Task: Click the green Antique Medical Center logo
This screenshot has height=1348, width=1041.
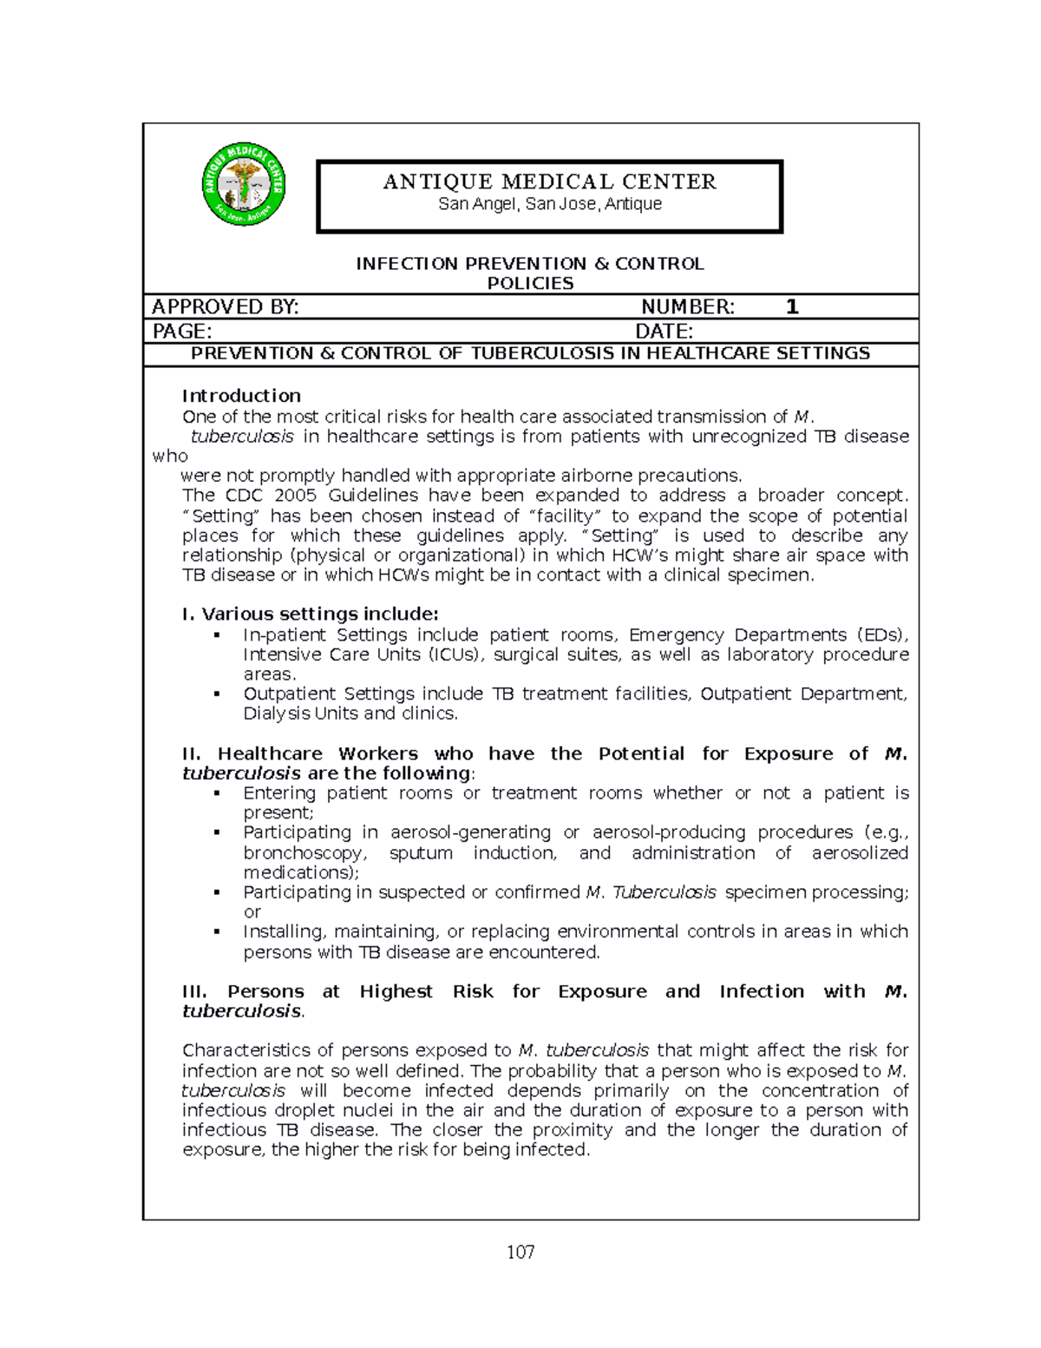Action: coord(244,184)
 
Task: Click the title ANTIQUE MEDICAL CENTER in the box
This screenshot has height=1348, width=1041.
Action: coord(550,181)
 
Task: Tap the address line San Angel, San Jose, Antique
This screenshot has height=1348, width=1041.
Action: coord(550,204)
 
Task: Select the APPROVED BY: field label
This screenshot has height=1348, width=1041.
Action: coord(225,306)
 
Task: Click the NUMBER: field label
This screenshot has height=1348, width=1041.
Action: coord(687,306)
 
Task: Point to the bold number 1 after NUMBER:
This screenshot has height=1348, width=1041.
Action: coord(791,306)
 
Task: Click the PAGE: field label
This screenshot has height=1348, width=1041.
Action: coord(181,331)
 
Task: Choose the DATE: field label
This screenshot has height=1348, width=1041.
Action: coord(664,331)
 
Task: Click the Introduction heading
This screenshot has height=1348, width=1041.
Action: coord(241,396)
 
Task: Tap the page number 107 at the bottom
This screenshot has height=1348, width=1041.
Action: coord(521,1252)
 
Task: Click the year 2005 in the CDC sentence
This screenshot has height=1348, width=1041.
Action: coord(296,496)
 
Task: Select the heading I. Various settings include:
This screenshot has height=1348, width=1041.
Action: coord(310,615)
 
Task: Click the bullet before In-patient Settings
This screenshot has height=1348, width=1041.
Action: coord(217,635)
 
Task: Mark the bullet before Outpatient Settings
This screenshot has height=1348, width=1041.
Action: coord(217,694)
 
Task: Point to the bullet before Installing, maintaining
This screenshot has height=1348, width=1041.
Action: coord(217,932)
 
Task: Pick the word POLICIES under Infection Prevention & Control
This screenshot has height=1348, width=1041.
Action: coord(530,284)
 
